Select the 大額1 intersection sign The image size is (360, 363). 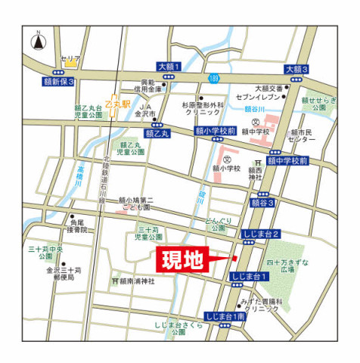pos(170,67)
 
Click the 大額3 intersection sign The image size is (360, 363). pos(296,70)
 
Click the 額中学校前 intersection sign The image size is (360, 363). pos(287,161)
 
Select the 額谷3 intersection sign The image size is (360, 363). pos(262,203)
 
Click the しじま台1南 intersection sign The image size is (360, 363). pos(225,316)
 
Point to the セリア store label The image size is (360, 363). pos(70,58)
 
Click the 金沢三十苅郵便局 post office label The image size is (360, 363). pos(62,273)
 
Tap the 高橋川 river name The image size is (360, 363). pos(80,180)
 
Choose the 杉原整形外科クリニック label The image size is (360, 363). pos(202,109)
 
